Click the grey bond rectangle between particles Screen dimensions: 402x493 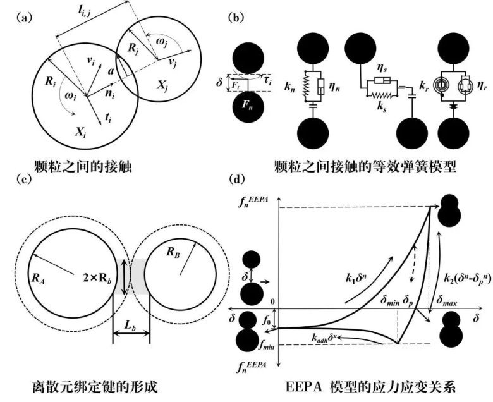(x=131, y=277)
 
